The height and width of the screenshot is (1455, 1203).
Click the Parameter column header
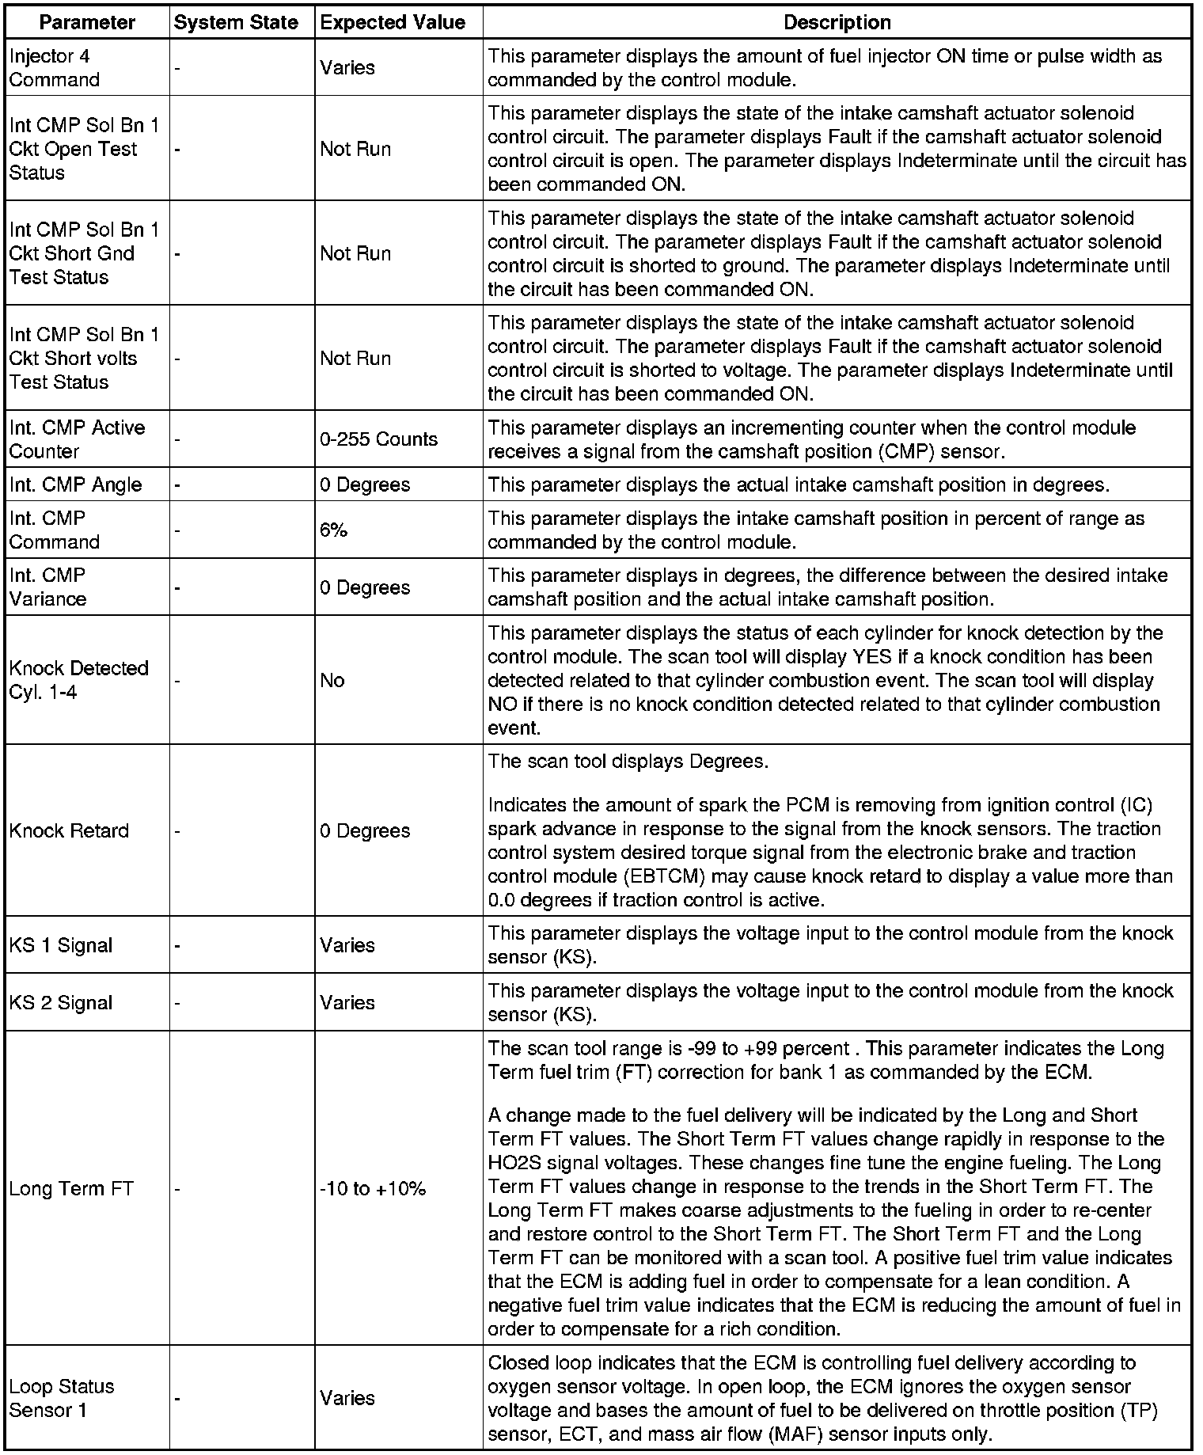coord(87,22)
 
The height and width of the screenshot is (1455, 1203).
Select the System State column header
coord(236,22)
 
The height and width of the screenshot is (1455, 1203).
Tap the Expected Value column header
coord(393,22)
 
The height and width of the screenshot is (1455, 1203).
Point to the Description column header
coord(837,22)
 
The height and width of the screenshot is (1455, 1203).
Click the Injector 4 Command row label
coord(55,68)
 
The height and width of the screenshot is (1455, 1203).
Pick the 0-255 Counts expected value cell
coord(378,439)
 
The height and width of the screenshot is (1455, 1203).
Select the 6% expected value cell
coord(334,530)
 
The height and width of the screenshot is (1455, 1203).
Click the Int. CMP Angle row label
coord(75,484)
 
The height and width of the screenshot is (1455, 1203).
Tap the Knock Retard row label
coord(69,830)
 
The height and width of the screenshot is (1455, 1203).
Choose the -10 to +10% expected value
coord(373,1188)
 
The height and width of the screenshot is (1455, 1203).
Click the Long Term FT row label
coord(71,1188)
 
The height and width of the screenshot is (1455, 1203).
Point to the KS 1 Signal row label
coord(61,945)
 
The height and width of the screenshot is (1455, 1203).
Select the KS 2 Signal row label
coord(61,1003)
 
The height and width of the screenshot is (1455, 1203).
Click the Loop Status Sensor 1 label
coord(62,1398)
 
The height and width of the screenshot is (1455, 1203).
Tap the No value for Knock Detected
coord(332,681)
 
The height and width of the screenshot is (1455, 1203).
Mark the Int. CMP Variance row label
coord(48,587)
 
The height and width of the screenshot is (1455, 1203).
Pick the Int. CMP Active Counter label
coord(77,439)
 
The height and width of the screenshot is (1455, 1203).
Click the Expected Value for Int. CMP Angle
coord(365,484)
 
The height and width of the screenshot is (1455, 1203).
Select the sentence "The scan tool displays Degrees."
coord(628,762)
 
